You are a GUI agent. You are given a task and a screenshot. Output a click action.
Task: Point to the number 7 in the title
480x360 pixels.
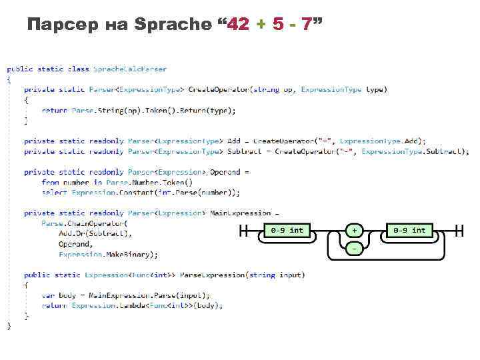tap(306, 25)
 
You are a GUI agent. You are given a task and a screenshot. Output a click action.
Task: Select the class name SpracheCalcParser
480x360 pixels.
tap(130, 69)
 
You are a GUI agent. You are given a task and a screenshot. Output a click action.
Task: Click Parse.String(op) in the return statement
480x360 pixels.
tap(100, 110)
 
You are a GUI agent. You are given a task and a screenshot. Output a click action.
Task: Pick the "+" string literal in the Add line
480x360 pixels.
tap(325, 141)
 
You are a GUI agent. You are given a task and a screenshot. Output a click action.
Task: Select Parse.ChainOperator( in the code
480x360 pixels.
tap(83, 223)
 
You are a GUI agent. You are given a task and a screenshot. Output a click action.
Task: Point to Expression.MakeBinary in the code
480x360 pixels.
tap(107, 254)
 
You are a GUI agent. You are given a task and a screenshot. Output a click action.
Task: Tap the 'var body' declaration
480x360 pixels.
tap(57, 295)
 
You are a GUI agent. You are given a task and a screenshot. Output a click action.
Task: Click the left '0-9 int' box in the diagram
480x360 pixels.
tap(287, 231)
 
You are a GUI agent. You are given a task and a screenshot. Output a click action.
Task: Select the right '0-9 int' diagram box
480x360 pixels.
tap(409, 231)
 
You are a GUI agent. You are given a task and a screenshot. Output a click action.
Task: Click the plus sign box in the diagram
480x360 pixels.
tap(355, 231)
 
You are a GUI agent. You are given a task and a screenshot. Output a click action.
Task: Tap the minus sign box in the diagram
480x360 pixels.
tap(355, 248)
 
